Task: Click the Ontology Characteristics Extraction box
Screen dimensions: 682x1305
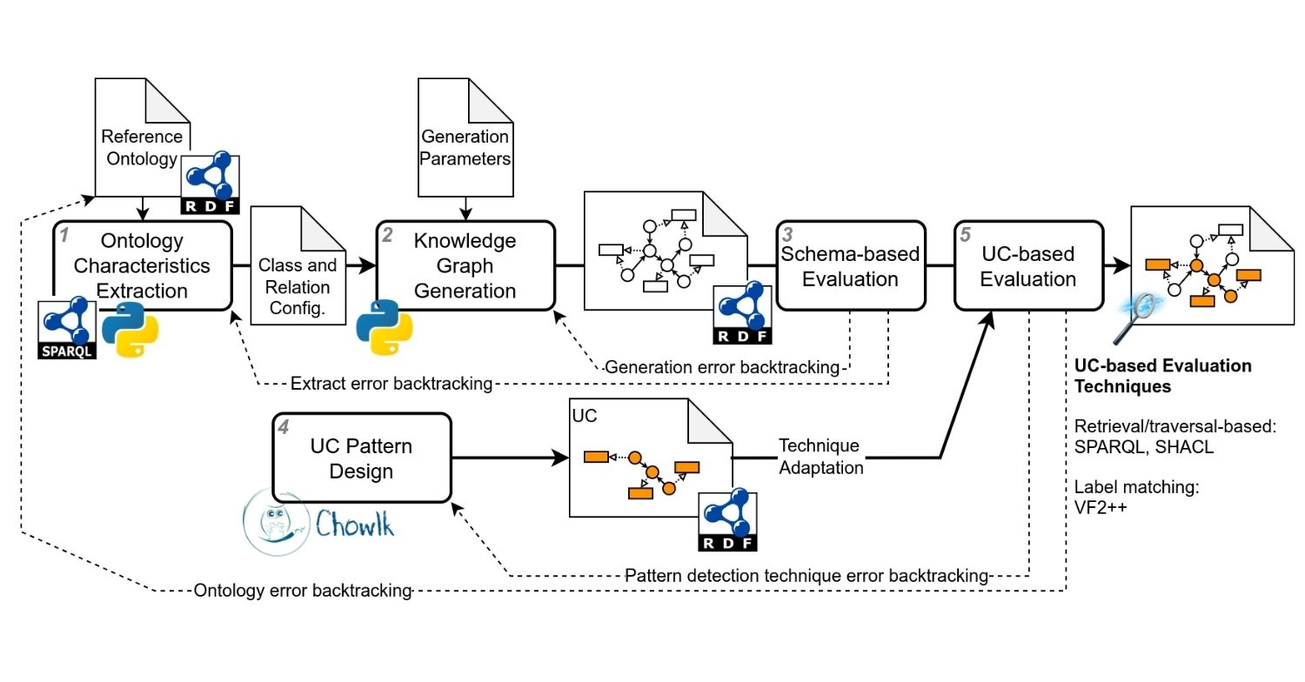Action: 144,265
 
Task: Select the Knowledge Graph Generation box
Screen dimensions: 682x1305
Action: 465,265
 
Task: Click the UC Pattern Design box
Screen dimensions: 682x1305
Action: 363,458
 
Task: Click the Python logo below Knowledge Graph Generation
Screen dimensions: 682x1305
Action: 384,329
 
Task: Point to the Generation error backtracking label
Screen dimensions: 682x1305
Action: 722,368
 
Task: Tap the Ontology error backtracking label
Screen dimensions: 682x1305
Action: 302,591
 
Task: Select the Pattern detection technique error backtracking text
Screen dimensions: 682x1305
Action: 807,575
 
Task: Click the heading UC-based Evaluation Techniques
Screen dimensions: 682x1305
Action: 1163,376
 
